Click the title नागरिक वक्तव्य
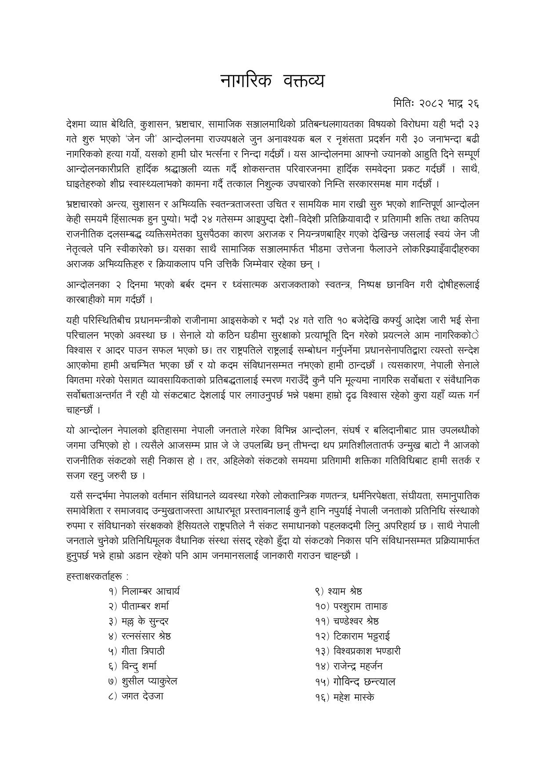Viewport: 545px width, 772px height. tap(272, 81)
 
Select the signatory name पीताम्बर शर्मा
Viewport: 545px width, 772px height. tap(145, 606)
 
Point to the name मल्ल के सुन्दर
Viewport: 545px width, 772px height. tap(145, 622)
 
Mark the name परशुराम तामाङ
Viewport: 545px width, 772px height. tap(357, 606)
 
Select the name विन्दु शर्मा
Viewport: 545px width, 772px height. tap(139, 666)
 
